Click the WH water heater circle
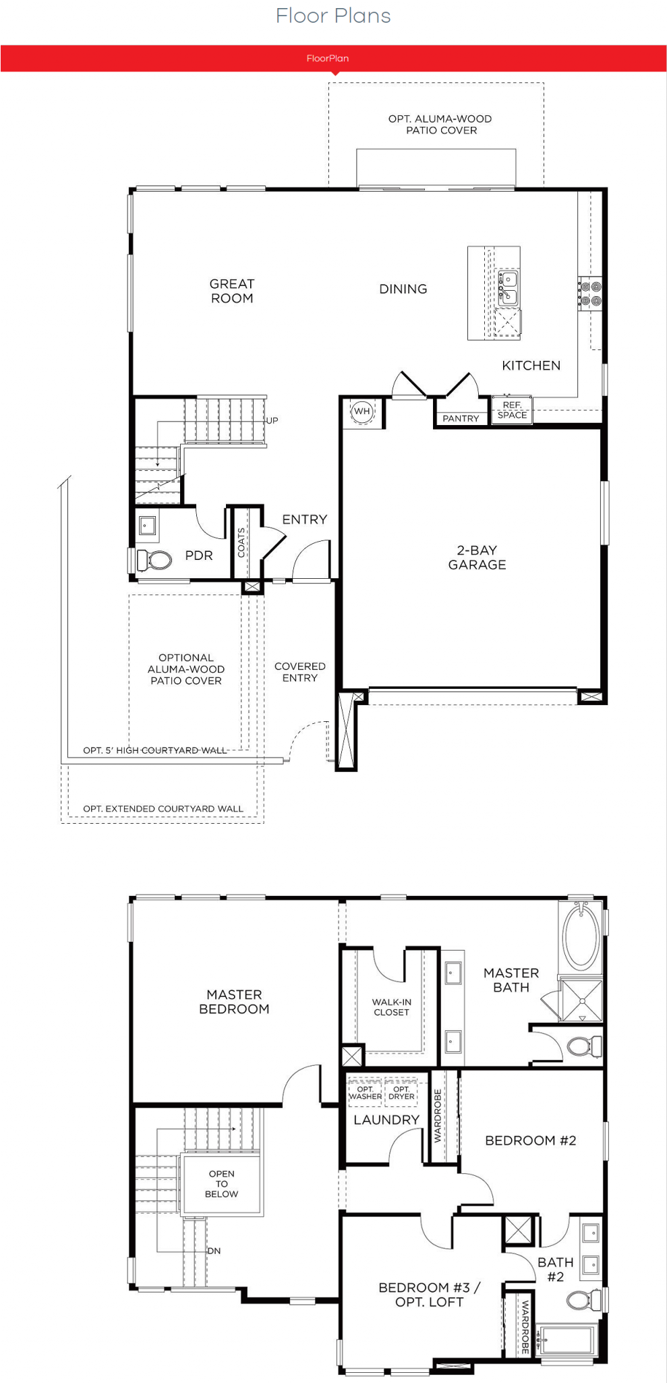click(x=362, y=411)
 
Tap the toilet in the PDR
click(x=154, y=560)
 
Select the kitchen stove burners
click(x=591, y=293)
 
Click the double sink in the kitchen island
click(x=508, y=287)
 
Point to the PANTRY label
click(x=461, y=419)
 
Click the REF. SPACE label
click(x=513, y=410)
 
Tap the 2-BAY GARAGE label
click(x=477, y=557)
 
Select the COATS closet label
click(x=241, y=542)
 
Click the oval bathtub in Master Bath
click(x=581, y=937)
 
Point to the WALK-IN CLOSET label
click(x=391, y=1007)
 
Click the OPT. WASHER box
click(x=365, y=1092)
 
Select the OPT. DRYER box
click(x=401, y=1092)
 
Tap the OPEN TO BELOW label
click(x=222, y=1184)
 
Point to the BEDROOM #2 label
click(x=531, y=1140)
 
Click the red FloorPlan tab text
click(x=328, y=58)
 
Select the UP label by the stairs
click(x=272, y=420)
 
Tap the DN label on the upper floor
click(x=214, y=1251)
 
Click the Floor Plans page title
click(x=333, y=16)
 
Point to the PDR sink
click(x=148, y=526)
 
